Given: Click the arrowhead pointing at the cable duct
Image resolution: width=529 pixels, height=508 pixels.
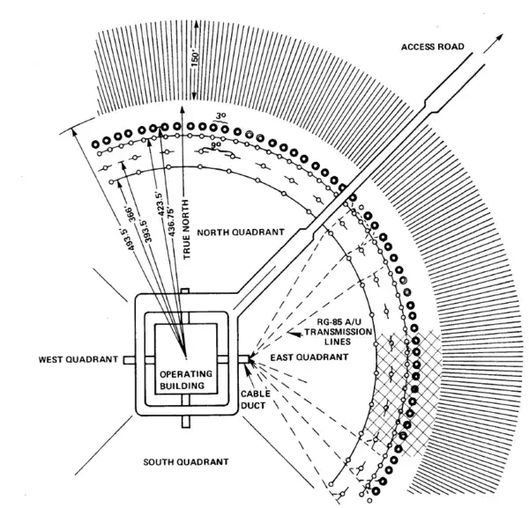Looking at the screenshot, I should pyautogui.click(x=251, y=358).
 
